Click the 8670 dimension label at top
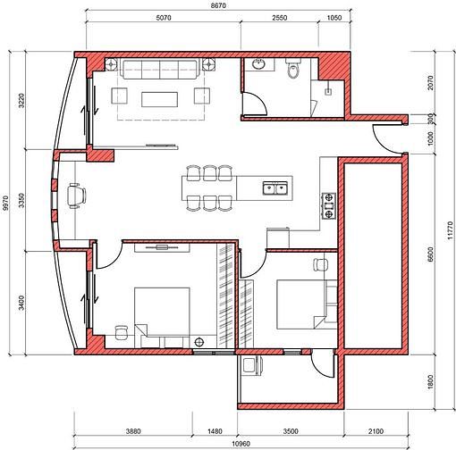[x=218, y=5]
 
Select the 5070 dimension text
[x=164, y=18]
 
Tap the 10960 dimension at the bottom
[x=241, y=444]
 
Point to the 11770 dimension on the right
[x=450, y=231]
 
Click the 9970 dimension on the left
[x=5, y=203]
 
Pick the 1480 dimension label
[x=215, y=431]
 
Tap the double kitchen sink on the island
[x=275, y=188]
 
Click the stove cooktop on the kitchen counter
[x=328, y=206]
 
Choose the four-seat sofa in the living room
[x=160, y=69]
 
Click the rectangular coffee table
[x=160, y=99]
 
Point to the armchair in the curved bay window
[x=76, y=196]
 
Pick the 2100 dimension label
[x=376, y=431]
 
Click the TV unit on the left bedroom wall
[x=162, y=247]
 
